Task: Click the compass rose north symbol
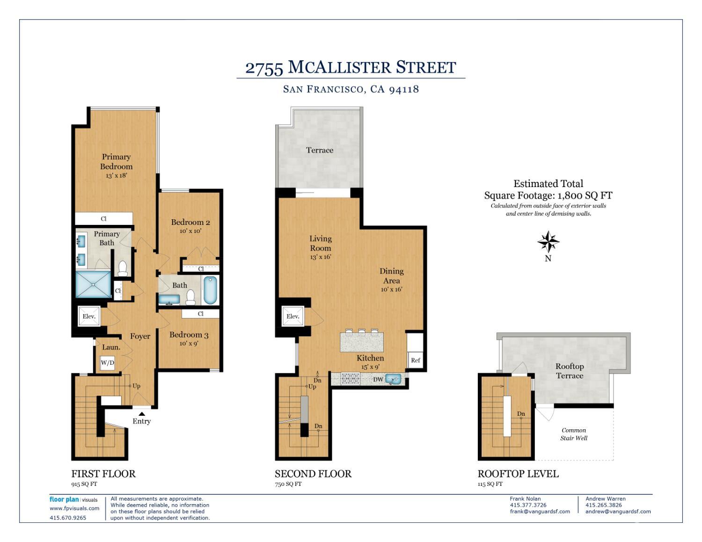click(x=548, y=241)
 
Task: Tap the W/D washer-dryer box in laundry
click(x=108, y=362)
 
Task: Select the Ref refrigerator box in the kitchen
click(x=415, y=360)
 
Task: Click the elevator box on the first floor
click(x=89, y=316)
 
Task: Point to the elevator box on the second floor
click(x=292, y=316)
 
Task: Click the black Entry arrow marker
click(x=142, y=414)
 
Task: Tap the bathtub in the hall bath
click(x=210, y=290)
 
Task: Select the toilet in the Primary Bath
click(x=123, y=268)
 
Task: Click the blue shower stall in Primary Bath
click(x=93, y=284)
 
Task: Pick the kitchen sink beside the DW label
click(x=393, y=379)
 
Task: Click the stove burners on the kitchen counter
click(x=351, y=379)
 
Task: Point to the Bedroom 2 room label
click(x=190, y=222)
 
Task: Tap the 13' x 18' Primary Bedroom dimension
click(x=117, y=176)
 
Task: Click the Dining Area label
click(x=392, y=276)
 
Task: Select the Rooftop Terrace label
click(x=570, y=371)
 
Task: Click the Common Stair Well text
click(x=574, y=434)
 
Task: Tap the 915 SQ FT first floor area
click(x=84, y=484)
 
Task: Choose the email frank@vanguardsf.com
click(x=540, y=511)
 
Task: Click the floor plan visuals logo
click(x=73, y=499)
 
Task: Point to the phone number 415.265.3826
click(x=603, y=505)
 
